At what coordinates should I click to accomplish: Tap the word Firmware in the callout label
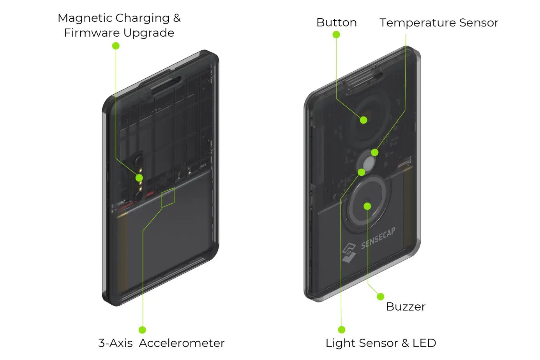pos(89,33)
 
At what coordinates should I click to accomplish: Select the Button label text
pos(336,23)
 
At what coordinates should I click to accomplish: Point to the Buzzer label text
pos(405,307)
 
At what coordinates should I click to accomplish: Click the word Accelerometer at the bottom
pos(182,343)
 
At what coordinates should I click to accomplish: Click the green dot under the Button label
pos(336,35)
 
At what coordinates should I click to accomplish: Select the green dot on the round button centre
pos(364,120)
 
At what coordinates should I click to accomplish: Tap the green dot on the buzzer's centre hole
pos(367,206)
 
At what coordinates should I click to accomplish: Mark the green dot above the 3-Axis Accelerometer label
pos(142,330)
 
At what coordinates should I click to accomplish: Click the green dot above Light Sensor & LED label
pos(342,330)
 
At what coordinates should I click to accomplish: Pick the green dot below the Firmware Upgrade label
pos(116,46)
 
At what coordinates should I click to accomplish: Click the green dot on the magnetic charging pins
pos(139,178)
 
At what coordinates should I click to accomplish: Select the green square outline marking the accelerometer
pos(168,197)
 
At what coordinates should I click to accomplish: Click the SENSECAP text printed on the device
pos(378,238)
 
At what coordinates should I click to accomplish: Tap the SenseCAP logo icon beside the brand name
pos(349,252)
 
